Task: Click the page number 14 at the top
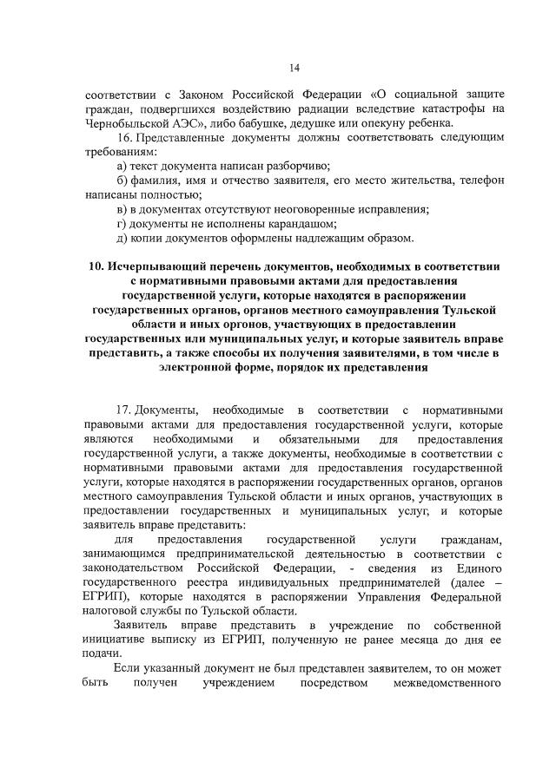point(295,68)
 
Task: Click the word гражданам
point(472,539)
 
